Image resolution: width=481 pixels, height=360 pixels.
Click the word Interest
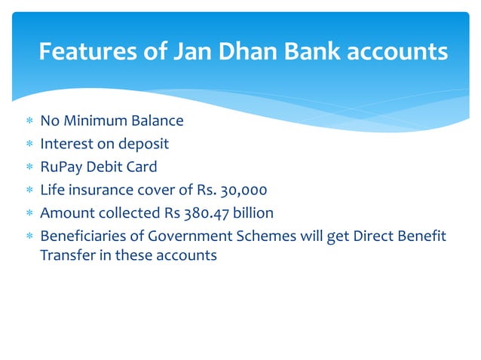coord(66,144)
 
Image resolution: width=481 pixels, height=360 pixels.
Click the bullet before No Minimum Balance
coord(29,121)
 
